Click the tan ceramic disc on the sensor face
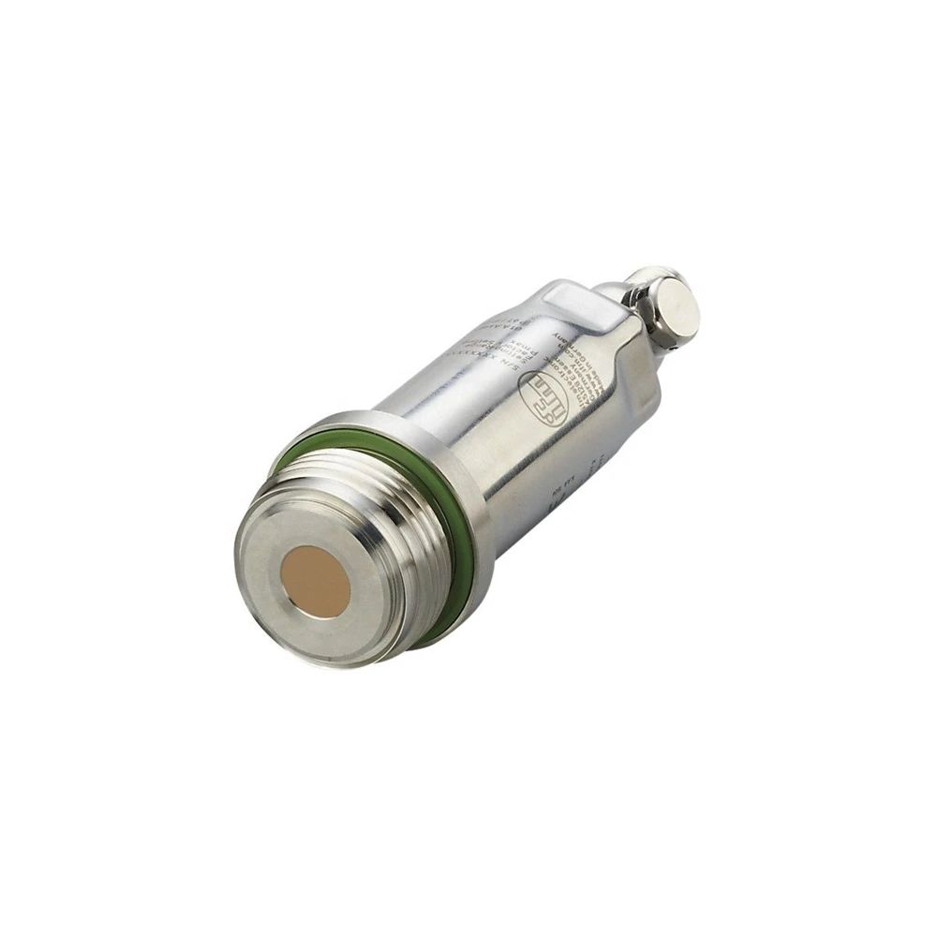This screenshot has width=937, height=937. (x=317, y=581)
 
